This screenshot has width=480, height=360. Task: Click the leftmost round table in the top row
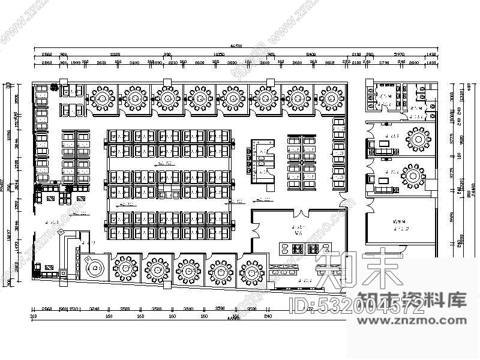pos(102,96)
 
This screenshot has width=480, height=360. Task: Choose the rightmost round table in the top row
pos(331,96)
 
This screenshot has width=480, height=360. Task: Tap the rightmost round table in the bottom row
pos(251,271)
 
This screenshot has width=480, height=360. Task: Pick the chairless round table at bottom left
pos(94,268)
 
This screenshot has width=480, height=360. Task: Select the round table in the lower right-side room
pos(415,178)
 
